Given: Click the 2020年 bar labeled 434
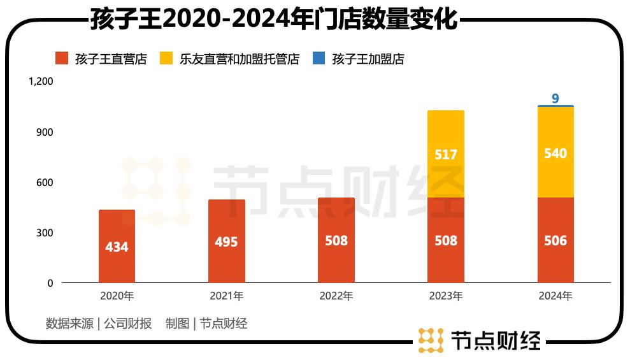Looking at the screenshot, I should click(117, 246).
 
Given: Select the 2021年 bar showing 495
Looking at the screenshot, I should click(226, 241).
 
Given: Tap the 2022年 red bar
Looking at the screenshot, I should click(336, 240).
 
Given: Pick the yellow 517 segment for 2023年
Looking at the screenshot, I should click(446, 154).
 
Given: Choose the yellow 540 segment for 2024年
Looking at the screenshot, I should click(555, 153).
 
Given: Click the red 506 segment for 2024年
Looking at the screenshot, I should click(555, 240).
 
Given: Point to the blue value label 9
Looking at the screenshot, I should click(555, 98).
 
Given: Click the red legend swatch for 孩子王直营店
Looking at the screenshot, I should click(62, 59).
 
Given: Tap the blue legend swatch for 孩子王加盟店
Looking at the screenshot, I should click(319, 59).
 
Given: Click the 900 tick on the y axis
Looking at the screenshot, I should click(45, 132).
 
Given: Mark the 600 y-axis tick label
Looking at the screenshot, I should click(45, 182).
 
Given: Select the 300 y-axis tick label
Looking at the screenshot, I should click(45, 233).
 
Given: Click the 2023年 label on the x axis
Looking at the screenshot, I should click(446, 296).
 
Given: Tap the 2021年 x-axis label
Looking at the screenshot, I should click(226, 296).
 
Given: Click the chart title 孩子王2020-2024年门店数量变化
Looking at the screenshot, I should click(274, 19).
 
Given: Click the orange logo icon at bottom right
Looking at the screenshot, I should click(431, 340).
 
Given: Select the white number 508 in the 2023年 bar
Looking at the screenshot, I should click(446, 241).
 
